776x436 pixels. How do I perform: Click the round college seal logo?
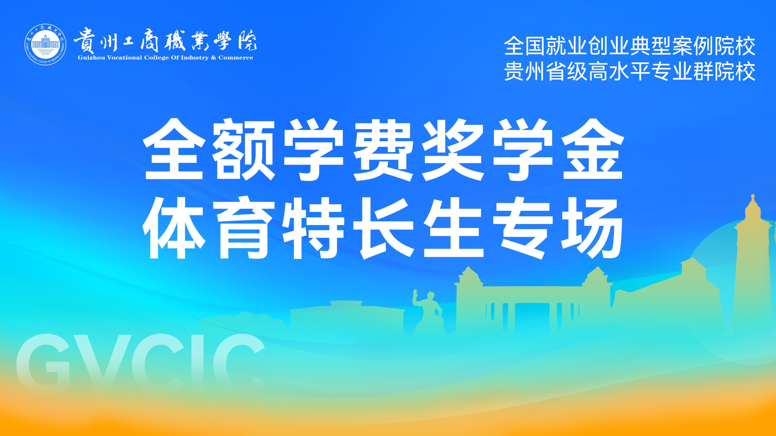(x=46, y=44)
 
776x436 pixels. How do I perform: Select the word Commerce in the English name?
(x=236, y=57)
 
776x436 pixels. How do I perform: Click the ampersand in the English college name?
(x=213, y=57)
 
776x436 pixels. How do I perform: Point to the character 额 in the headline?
(x=243, y=150)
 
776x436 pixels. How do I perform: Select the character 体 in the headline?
(x=174, y=228)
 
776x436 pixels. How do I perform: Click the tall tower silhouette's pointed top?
(x=752, y=195)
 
